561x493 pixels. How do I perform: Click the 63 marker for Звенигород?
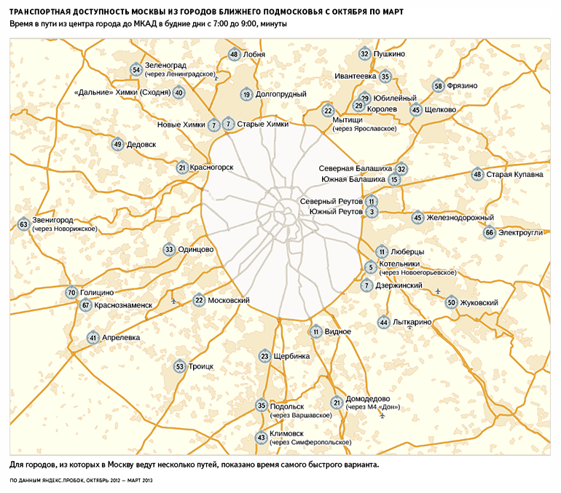[24, 225]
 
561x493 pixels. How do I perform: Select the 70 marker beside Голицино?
[71, 293]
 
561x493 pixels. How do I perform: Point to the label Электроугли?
[521, 233]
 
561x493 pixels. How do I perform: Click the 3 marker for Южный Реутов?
[372, 212]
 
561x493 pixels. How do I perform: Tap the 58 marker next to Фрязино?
[438, 86]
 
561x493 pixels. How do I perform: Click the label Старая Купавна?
[514, 175]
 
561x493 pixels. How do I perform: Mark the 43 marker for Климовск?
[262, 438]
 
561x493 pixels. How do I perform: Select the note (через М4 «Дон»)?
[373, 407]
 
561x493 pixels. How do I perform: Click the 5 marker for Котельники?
[370, 267]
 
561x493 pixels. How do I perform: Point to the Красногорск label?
[211, 167]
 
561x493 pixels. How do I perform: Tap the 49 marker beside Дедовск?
[117, 145]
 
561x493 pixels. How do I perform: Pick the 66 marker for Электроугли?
[490, 233]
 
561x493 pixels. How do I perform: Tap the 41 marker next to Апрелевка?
[93, 338]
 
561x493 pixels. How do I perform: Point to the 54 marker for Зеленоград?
[136, 70]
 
